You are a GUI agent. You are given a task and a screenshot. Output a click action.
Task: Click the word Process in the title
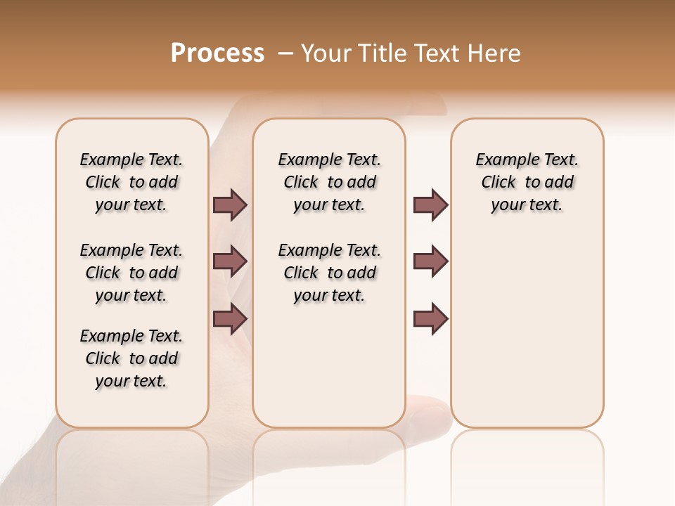coord(217,53)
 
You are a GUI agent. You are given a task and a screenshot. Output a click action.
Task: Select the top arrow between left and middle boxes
coord(230,205)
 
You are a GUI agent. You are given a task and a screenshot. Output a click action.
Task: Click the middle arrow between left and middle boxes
coord(230,261)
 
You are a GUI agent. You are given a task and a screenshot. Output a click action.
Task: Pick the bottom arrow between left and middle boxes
coord(230,318)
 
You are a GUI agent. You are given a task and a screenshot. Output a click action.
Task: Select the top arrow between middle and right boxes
coord(430,205)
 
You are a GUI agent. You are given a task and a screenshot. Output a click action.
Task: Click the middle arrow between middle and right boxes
coord(430,261)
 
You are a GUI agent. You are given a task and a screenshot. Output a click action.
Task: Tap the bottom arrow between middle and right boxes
coord(430,318)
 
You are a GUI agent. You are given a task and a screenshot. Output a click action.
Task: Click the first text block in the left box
coord(131,182)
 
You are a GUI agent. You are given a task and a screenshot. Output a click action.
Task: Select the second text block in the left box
coord(131,273)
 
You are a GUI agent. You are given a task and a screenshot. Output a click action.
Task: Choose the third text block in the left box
coord(131,358)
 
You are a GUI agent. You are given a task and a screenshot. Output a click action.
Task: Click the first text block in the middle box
coord(329,182)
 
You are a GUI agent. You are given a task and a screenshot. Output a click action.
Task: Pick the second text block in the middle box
coord(329,273)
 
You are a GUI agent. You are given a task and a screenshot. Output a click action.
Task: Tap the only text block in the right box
coord(527,182)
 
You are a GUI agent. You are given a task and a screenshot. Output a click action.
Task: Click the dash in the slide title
coord(285,53)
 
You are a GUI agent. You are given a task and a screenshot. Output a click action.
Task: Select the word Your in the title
coord(326,53)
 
